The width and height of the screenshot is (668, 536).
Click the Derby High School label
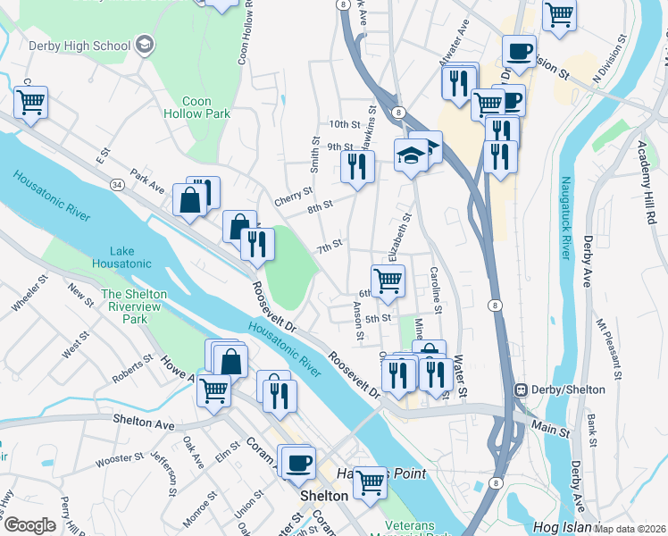(x=79, y=46)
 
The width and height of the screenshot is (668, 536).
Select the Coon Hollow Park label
(x=196, y=107)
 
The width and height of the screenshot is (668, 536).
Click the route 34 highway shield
(x=116, y=185)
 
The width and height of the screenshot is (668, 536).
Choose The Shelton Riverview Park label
(x=135, y=306)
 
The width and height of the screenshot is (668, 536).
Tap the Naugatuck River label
(x=564, y=218)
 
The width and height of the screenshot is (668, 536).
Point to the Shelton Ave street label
(x=143, y=420)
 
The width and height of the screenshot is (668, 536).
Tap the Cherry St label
(x=293, y=196)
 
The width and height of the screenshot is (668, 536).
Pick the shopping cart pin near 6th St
(x=388, y=280)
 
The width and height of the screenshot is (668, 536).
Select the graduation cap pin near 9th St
(x=411, y=156)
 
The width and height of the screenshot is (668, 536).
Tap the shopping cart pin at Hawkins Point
(x=370, y=482)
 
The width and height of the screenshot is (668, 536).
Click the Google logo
(x=29, y=525)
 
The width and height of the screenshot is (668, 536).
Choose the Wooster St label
(x=120, y=458)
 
